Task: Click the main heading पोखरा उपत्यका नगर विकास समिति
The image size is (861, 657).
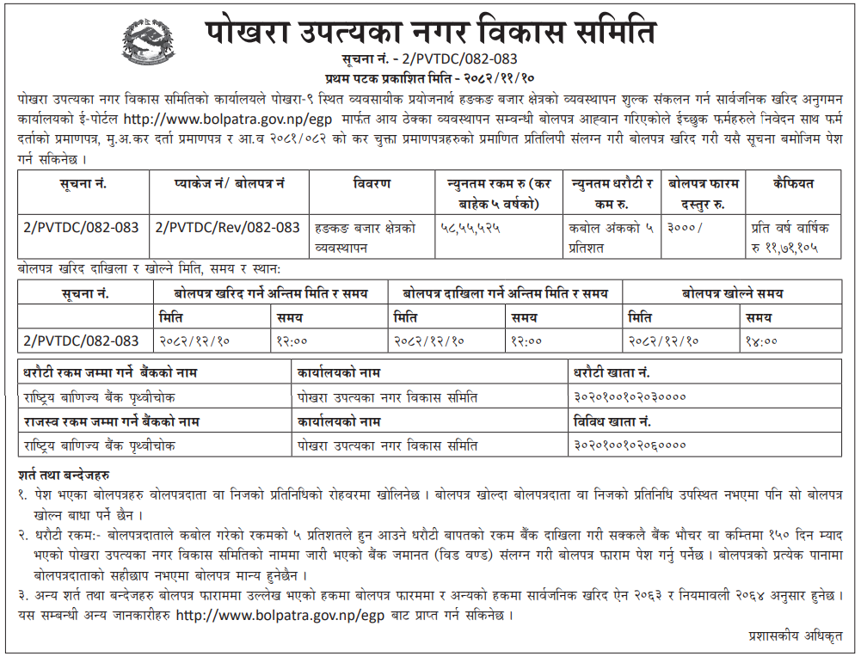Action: (x=431, y=33)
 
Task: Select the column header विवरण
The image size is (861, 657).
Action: (x=372, y=183)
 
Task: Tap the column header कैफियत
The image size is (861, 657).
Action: (x=793, y=183)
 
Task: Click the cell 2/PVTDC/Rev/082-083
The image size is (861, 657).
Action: (x=228, y=227)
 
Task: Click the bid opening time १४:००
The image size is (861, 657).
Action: (x=763, y=341)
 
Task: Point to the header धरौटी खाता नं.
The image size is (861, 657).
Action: (x=612, y=374)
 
